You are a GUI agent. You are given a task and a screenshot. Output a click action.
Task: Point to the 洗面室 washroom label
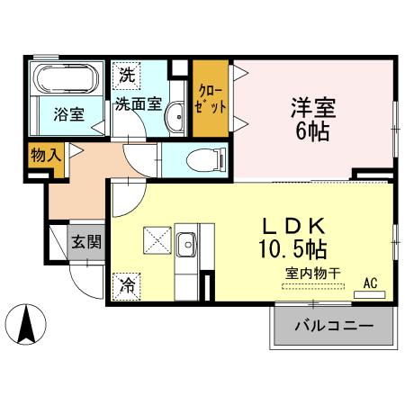coord(137,103)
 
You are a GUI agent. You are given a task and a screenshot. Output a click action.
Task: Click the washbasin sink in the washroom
coord(177,115)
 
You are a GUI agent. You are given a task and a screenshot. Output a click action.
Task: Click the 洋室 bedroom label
coord(312,107)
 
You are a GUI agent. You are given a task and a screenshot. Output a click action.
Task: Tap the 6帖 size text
coord(312,131)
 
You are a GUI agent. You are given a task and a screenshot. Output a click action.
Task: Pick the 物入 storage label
coord(44,156)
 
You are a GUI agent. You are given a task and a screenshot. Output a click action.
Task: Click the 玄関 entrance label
coord(87,240)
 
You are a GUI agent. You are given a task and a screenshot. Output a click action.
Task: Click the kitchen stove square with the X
coord(153,241)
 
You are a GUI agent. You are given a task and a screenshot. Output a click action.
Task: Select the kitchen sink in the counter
coord(186,244)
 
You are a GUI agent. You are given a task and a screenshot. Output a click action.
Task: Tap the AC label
coord(370,283)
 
